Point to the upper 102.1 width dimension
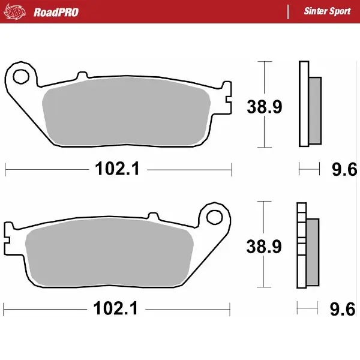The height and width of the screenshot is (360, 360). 117,170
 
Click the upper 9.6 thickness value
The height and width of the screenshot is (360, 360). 344,171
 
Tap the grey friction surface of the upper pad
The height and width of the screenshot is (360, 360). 126,114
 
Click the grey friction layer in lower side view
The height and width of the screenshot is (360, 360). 313,251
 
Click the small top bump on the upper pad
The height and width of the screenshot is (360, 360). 80,77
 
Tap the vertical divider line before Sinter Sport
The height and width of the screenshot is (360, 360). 289,11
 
